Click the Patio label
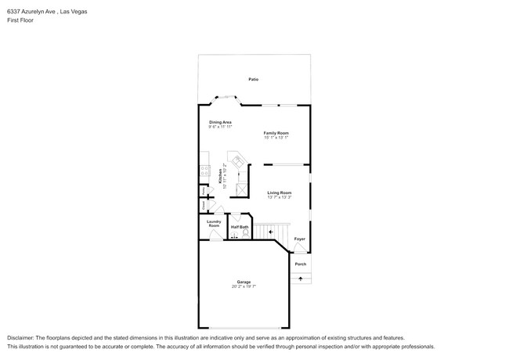[x=253, y=80]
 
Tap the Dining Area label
[x=220, y=122]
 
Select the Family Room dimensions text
[x=276, y=138]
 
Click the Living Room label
[x=279, y=193]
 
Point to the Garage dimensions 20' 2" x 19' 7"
[x=244, y=286]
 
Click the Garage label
[x=244, y=282]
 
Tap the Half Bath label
[x=239, y=227]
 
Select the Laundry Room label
[x=214, y=223]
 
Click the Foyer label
[x=299, y=239]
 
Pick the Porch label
[x=301, y=264]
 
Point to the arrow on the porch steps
[x=301, y=278]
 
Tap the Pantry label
[x=204, y=191]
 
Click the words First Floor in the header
[x=20, y=20]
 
